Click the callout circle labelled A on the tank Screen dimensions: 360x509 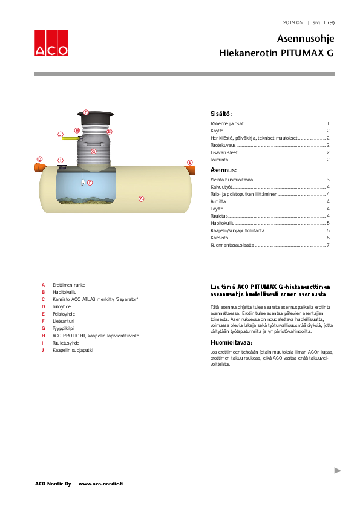pyautogui.click(x=141, y=198)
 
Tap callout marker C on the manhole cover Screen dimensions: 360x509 pyautogui.click(x=86, y=112)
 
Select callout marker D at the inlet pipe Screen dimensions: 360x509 pyautogui.click(x=40, y=159)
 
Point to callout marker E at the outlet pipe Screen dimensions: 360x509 pyautogui.click(x=189, y=163)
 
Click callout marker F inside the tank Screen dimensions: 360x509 pyautogui.click(x=90, y=182)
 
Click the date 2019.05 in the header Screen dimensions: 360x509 pyautogui.click(x=293, y=22)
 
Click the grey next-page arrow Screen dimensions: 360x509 pyautogui.click(x=338, y=470)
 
